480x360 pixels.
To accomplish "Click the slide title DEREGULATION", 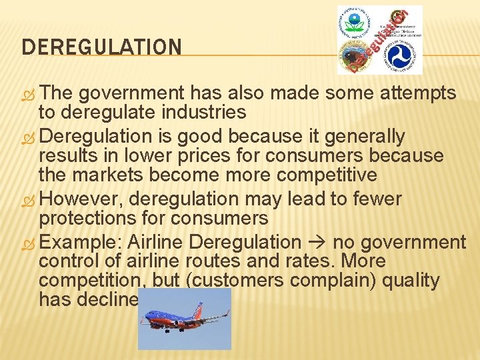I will [101, 47].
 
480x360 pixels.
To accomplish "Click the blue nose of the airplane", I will [147, 316].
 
